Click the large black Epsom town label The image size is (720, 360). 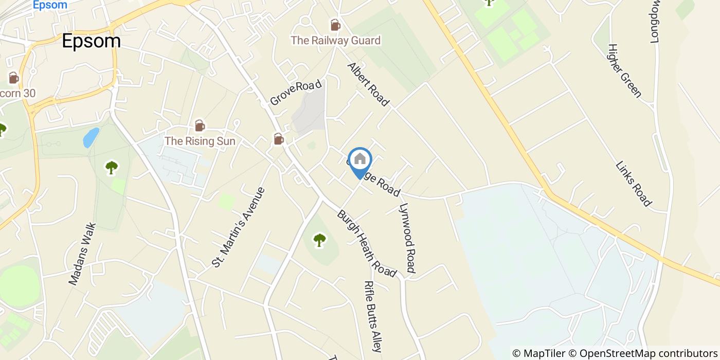[x=91, y=41]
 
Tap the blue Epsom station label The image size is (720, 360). [x=49, y=5]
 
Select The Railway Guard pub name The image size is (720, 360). [x=335, y=40]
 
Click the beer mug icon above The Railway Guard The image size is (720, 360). [x=335, y=25]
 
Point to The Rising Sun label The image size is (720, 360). [x=200, y=141]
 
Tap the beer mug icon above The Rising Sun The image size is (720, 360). [x=200, y=125]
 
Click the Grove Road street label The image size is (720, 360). [x=296, y=93]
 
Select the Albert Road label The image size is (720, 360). [x=368, y=84]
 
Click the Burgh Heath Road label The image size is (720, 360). [x=367, y=243]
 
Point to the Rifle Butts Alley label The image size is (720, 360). [x=372, y=316]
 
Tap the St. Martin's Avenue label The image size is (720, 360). [x=239, y=227]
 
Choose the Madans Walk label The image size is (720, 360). [x=82, y=254]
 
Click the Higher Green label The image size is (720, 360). [x=624, y=70]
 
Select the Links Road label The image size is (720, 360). [x=634, y=184]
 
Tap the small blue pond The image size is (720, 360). [x=91, y=137]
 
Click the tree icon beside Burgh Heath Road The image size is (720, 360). [x=320, y=240]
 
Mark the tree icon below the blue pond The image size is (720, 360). [x=111, y=167]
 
